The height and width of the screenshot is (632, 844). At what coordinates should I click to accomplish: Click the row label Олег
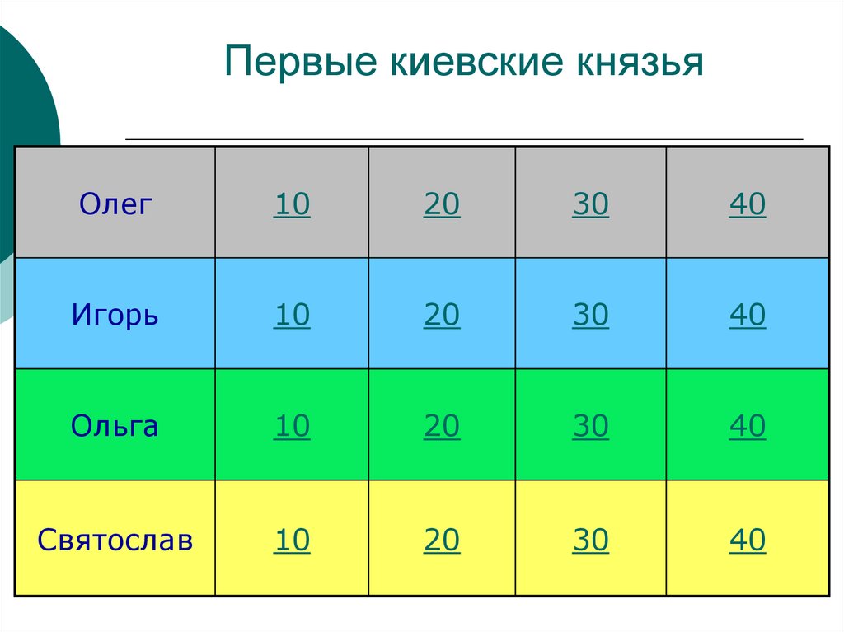116,204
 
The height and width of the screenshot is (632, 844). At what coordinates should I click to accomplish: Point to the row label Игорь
115,315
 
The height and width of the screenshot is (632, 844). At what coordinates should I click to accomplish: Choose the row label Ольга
115,426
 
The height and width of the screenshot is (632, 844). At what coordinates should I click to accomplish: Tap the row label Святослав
115,541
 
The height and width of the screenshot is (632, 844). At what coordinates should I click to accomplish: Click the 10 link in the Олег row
292,204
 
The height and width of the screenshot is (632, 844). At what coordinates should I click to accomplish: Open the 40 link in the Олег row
747,204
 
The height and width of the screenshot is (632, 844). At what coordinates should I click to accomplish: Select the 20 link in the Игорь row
442,316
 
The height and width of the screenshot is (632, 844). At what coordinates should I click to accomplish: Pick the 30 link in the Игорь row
590,316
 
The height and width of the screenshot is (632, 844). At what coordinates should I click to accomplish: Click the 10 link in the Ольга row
292,427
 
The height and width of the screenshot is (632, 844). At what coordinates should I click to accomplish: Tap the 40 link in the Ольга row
747,427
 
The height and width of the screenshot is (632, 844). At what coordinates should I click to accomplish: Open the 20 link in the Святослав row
442,541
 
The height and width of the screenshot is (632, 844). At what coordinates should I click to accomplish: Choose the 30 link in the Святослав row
590,541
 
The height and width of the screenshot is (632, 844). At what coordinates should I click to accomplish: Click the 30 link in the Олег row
590,204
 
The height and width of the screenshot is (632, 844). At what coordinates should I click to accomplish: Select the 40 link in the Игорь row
747,316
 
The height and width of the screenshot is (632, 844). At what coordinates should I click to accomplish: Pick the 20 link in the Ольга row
442,427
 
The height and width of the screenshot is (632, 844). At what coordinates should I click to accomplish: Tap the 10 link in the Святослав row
292,541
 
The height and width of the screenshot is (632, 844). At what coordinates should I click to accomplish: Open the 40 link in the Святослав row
747,541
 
